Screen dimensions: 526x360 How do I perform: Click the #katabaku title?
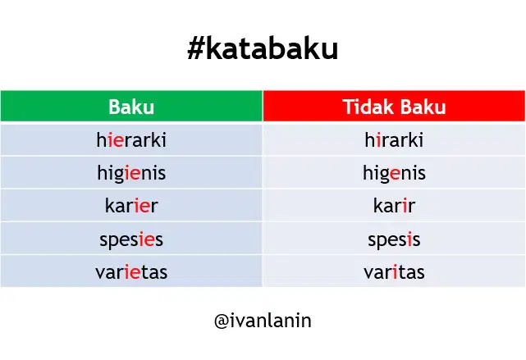(x=263, y=49)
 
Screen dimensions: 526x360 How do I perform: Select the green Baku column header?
(x=131, y=106)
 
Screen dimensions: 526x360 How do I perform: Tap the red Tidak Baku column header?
(x=394, y=106)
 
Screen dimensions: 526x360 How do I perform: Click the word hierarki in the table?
(x=131, y=139)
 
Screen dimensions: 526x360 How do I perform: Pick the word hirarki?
(x=394, y=139)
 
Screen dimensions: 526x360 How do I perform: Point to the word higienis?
(x=131, y=173)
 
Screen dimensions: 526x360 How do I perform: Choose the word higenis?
(x=394, y=173)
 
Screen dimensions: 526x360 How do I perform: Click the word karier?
(x=131, y=206)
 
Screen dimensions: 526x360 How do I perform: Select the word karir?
(x=394, y=206)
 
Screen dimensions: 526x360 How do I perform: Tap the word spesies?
(x=131, y=239)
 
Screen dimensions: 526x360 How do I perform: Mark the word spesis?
(x=394, y=239)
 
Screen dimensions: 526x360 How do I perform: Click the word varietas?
(x=131, y=271)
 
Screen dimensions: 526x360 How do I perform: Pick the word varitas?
(x=394, y=271)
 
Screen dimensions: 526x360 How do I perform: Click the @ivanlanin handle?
(x=263, y=321)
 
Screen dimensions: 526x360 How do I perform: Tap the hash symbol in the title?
(x=196, y=49)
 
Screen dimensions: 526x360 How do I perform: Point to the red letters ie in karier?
(x=142, y=206)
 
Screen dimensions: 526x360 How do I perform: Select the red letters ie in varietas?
(x=132, y=271)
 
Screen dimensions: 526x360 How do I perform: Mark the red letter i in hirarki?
(x=379, y=139)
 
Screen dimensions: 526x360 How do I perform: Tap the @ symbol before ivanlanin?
(x=222, y=321)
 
